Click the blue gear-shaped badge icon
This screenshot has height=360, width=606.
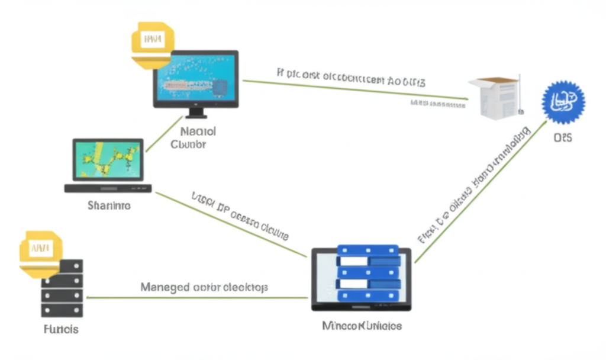pyautogui.click(x=563, y=102)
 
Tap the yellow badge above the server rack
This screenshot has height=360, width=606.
pyautogui.click(x=40, y=252)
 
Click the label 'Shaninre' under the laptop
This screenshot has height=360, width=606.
pyautogui.click(x=109, y=206)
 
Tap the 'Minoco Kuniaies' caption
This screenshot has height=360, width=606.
pyautogui.click(x=362, y=326)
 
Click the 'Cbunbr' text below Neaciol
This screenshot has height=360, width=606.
pyautogui.click(x=188, y=144)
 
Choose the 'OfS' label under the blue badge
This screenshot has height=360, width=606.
pyautogui.click(x=563, y=138)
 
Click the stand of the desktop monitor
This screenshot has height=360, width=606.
pyautogui.click(x=196, y=112)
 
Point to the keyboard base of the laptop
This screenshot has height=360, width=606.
pyautogui.click(x=108, y=188)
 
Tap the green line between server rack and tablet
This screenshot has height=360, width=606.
pyautogui.click(x=195, y=298)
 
